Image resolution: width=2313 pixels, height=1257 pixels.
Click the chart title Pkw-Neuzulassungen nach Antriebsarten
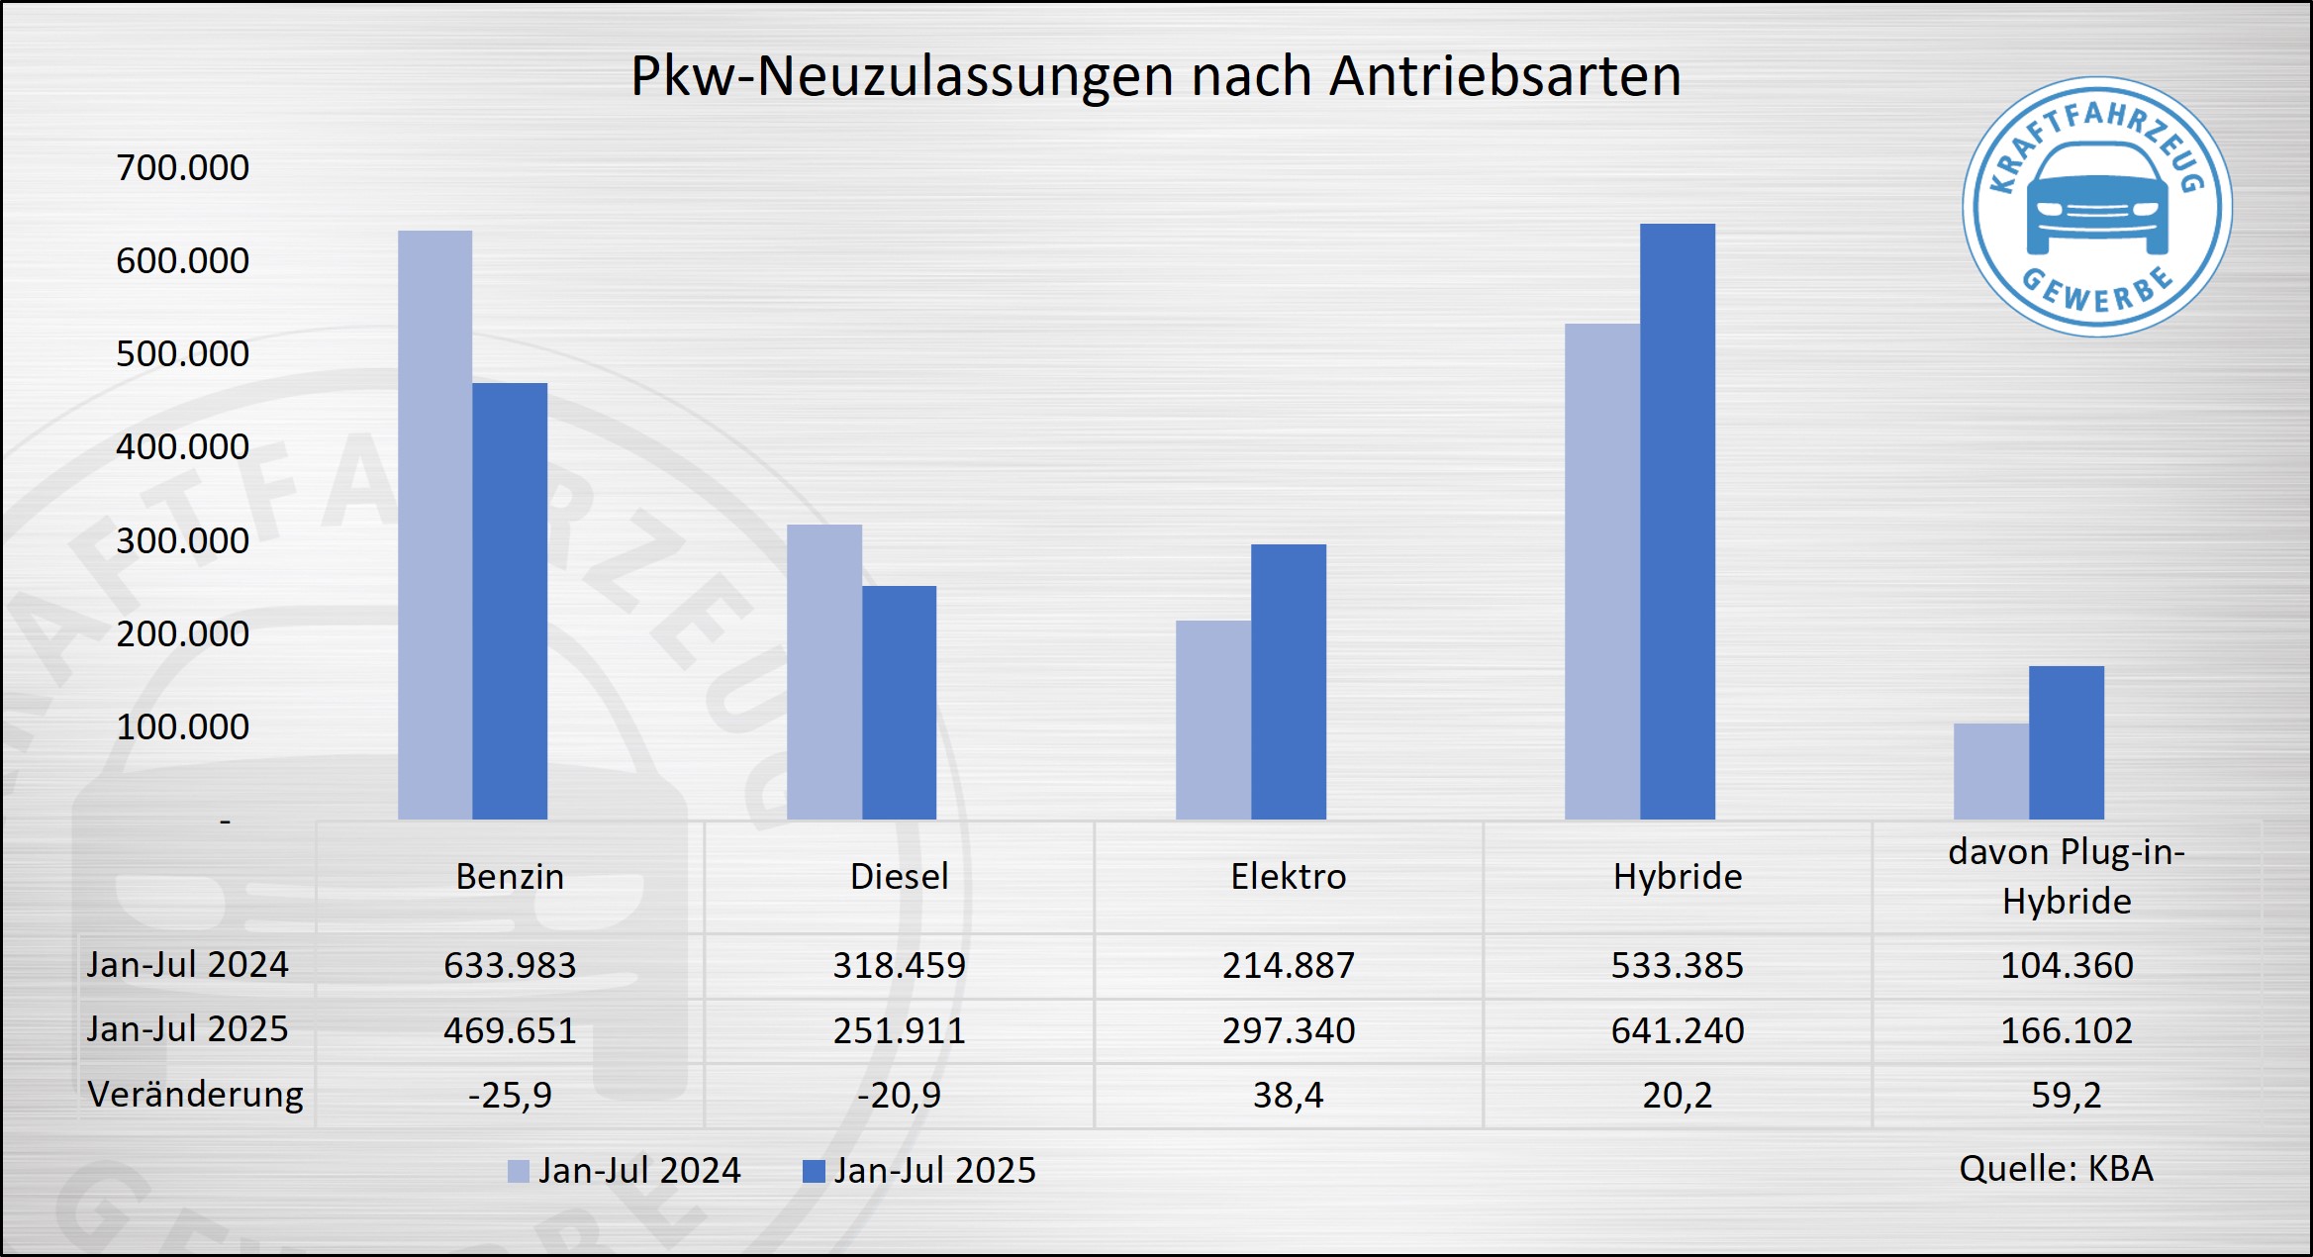[1155, 76]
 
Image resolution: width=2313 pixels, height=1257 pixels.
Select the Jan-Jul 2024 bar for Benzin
[434, 525]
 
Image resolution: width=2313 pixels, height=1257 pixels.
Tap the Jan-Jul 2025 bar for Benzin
[510, 601]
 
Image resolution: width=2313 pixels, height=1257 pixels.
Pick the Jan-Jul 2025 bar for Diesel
[899, 703]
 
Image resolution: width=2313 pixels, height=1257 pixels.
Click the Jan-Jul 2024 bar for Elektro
[1212, 720]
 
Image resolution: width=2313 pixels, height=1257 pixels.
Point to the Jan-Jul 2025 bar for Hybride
[1677, 522]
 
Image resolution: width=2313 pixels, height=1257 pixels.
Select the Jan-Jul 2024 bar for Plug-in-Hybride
[1990, 771]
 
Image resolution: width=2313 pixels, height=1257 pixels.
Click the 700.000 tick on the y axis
[183, 168]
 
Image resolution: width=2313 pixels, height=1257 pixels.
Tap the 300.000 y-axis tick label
[183, 541]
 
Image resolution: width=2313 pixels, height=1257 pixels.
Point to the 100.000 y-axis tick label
[183, 727]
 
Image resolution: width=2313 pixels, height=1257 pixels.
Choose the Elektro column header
[1288, 877]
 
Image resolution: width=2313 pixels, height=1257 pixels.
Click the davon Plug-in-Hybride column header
[2067, 877]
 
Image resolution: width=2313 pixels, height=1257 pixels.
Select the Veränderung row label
[196, 1095]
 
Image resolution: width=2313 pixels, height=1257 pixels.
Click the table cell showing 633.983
[510, 965]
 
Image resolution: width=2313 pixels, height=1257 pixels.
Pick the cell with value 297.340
[1288, 1030]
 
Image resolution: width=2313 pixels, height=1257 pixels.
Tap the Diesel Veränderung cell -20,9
[899, 1096]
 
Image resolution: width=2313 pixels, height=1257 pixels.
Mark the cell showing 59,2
[2067, 1096]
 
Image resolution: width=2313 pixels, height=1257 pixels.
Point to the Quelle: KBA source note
[2056, 1169]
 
